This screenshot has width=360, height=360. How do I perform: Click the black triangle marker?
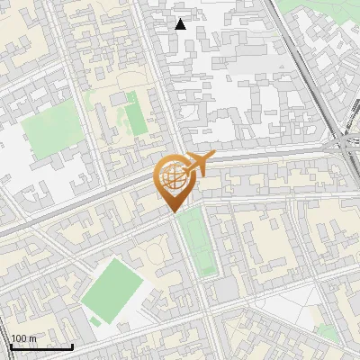click(181, 24)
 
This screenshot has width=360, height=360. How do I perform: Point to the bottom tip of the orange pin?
click(172, 212)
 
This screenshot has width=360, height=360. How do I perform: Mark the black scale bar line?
click(41, 346)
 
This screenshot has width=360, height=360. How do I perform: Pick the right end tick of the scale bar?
click(72, 346)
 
